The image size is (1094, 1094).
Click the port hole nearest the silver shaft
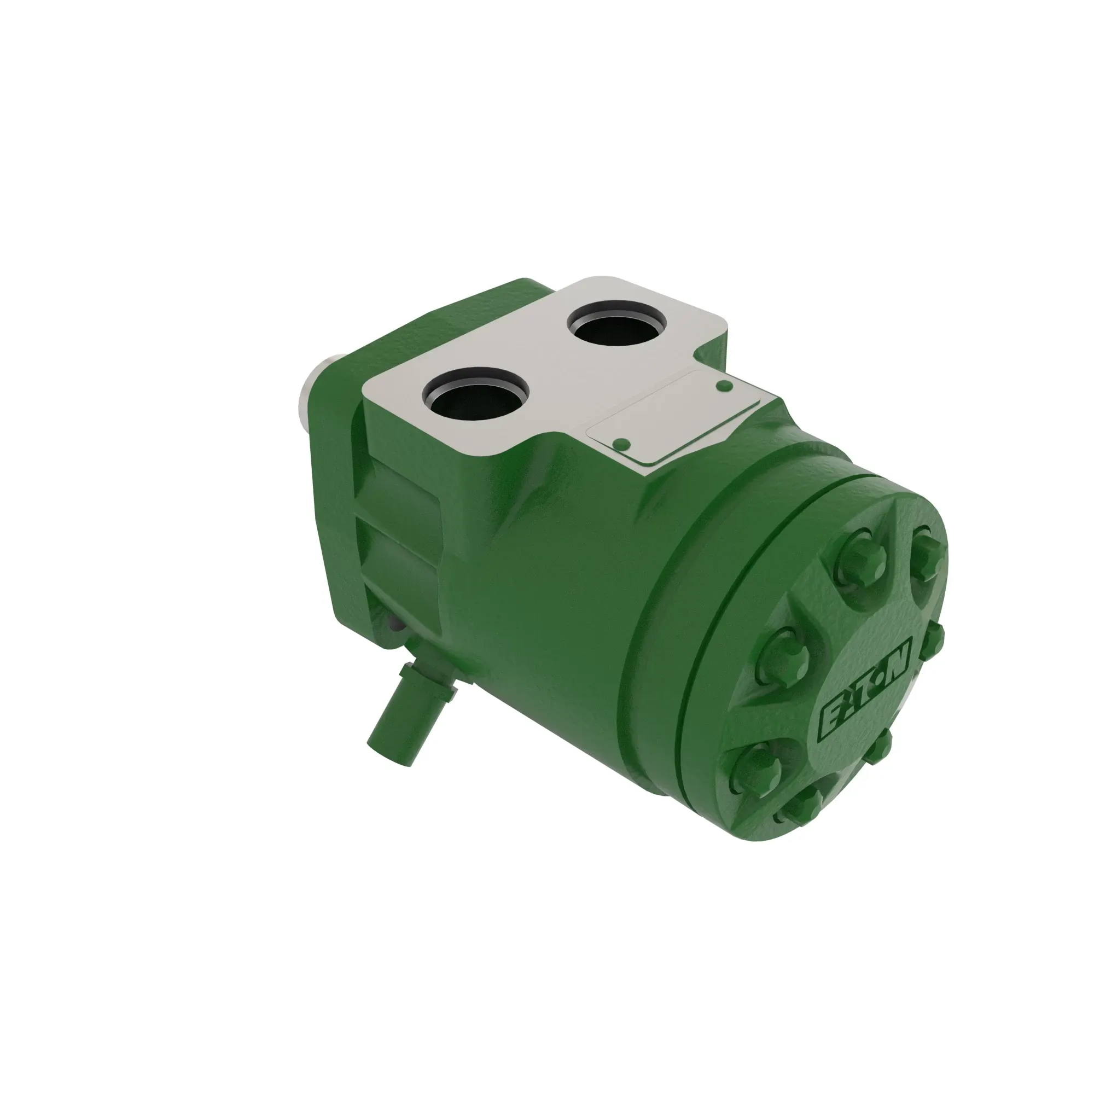(476, 392)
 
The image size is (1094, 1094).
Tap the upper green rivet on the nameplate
(724, 386)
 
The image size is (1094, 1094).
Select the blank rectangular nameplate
(674, 416)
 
